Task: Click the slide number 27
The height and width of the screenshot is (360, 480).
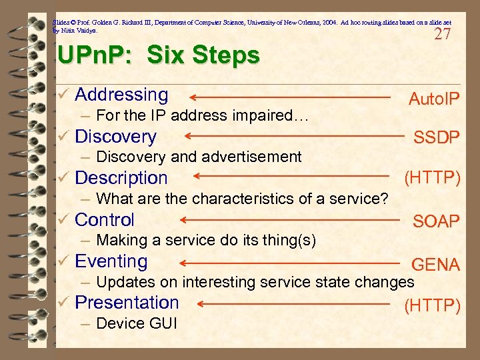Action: [442, 35]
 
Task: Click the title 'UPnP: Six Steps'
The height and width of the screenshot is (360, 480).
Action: [159, 56]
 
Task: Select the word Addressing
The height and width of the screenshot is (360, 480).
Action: [121, 95]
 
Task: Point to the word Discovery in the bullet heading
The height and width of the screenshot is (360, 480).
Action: [115, 137]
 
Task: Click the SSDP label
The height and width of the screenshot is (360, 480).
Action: [437, 138]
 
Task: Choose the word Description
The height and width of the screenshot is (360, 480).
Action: [121, 178]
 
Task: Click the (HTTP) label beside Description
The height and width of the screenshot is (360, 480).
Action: [432, 178]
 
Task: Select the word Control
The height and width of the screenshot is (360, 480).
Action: [105, 219]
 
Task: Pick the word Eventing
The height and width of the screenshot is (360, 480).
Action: [111, 261]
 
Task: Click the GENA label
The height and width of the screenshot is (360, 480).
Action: [436, 265]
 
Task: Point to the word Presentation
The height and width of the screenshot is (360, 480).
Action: [127, 303]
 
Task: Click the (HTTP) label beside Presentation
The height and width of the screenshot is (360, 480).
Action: [432, 305]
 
